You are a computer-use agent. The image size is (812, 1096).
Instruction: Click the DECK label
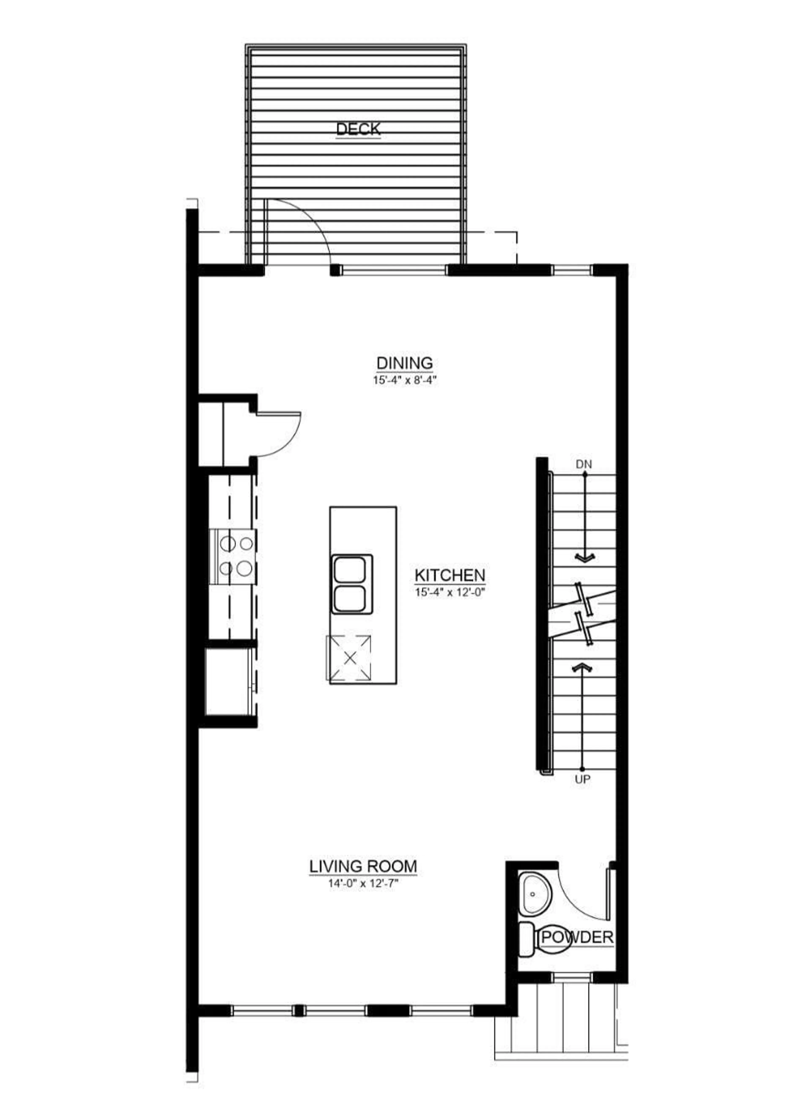click(358, 129)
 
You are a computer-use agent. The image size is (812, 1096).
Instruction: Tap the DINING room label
click(405, 363)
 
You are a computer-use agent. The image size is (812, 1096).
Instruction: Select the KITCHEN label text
click(450, 575)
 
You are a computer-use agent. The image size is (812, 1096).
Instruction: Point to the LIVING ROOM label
click(363, 866)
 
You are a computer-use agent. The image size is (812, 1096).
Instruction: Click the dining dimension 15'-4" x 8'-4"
click(405, 380)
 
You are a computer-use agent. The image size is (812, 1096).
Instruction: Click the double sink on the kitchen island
click(350, 584)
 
